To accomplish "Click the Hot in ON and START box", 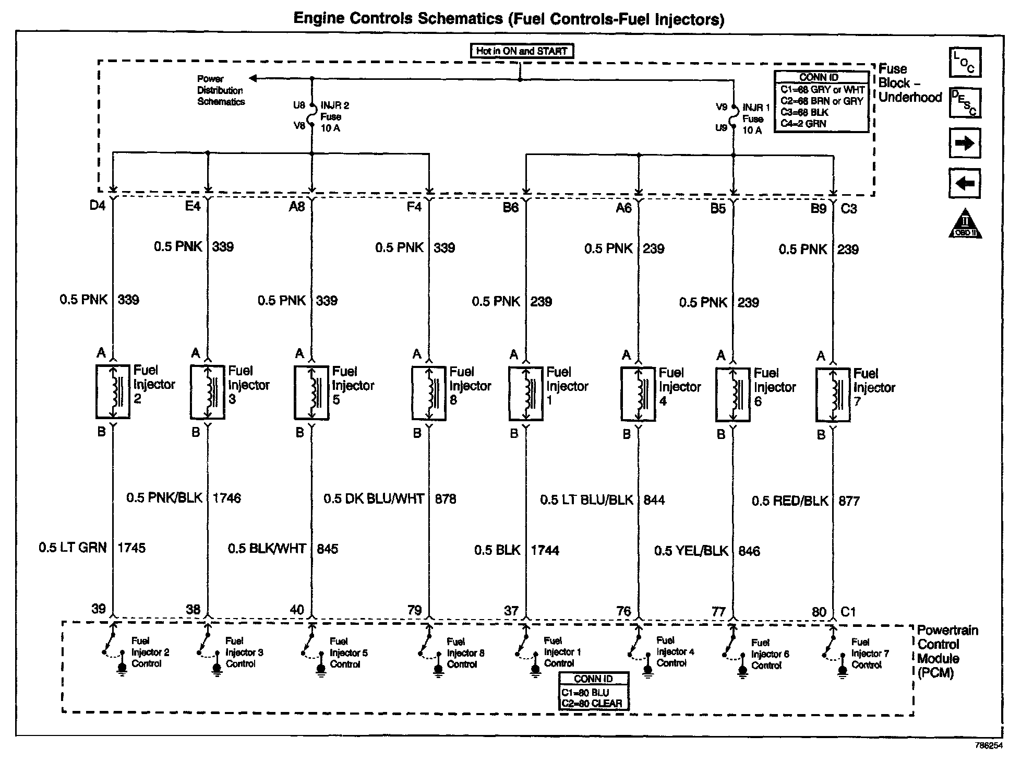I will (x=521, y=51).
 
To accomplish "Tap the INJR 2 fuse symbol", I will (x=312, y=116).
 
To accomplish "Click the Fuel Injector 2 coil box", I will (x=113, y=391).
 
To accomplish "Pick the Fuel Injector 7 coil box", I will (x=833, y=395).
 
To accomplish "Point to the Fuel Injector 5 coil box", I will (x=311, y=393).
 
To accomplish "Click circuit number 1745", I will (x=131, y=548).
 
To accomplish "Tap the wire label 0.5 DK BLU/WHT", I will (x=374, y=499).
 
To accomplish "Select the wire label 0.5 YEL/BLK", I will (x=691, y=551).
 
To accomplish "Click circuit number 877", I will (x=849, y=501).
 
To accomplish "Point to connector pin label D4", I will (x=98, y=206).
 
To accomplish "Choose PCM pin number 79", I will (x=414, y=610).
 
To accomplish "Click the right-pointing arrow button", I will (x=965, y=144).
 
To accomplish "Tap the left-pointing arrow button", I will (x=965, y=183).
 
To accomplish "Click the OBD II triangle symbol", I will (x=965, y=226).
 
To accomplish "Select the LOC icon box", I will (x=965, y=62).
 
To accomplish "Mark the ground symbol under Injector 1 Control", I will (x=535, y=670).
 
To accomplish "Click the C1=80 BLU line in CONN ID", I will (x=585, y=693).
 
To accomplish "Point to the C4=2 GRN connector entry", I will (x=803, y=124).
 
